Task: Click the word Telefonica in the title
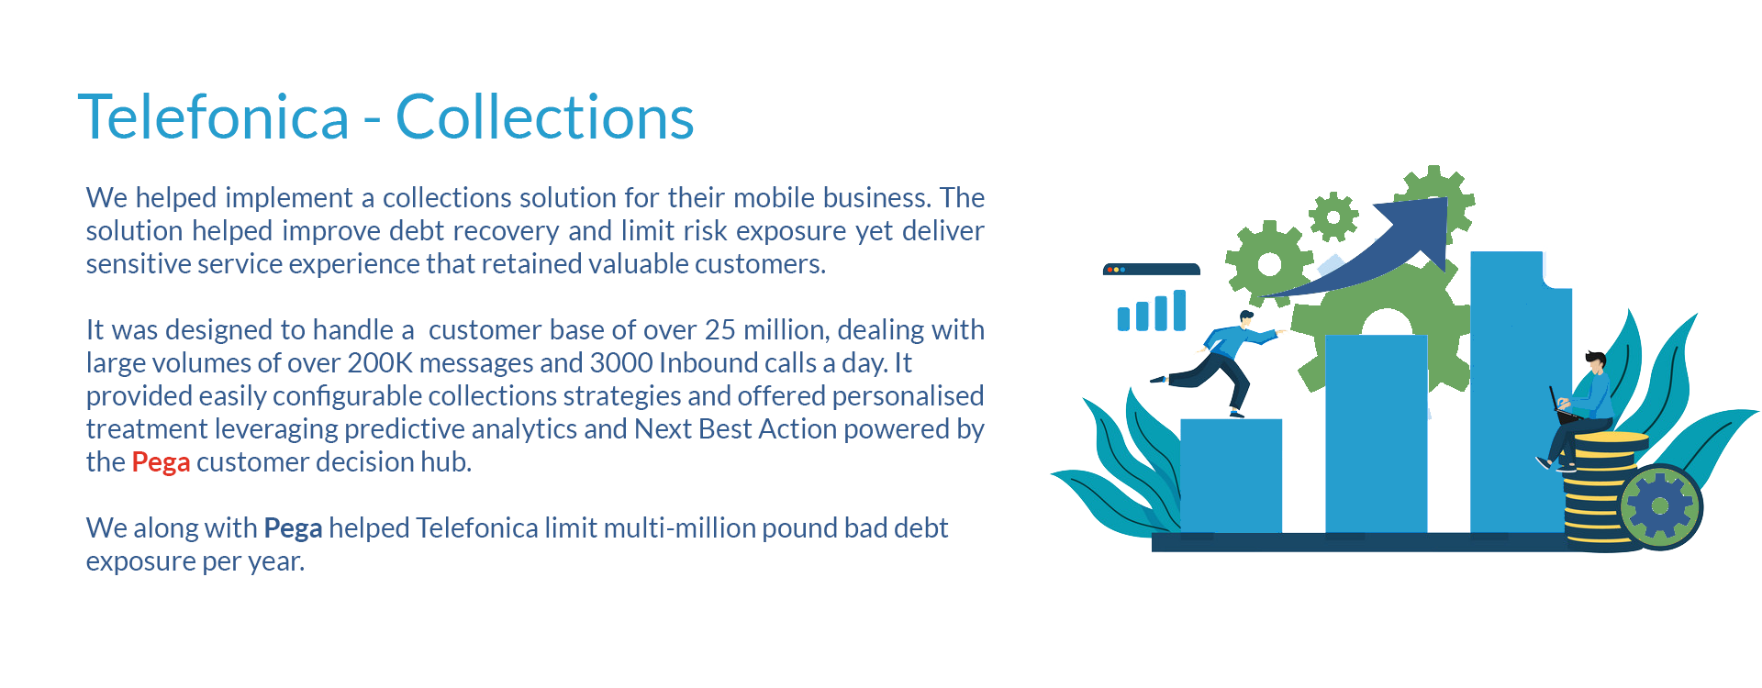(x=214, y=117)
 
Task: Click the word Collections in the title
(x=544, y=117)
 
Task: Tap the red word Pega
(x=161, y=462)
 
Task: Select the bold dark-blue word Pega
(x=293, y=528)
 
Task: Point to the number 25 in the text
(x=719, y=329)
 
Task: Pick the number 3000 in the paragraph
(x=621, y=362)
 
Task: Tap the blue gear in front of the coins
(x=1660, y=506)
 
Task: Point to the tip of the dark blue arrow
(x=1447, y=198)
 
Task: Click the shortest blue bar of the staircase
(x=1231, y=475)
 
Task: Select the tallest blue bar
(x=1521, y=393)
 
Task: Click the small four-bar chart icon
(x=1152, y=310)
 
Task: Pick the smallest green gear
(x=1333, y=216)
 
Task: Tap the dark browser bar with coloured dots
(x=1152, y=270)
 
